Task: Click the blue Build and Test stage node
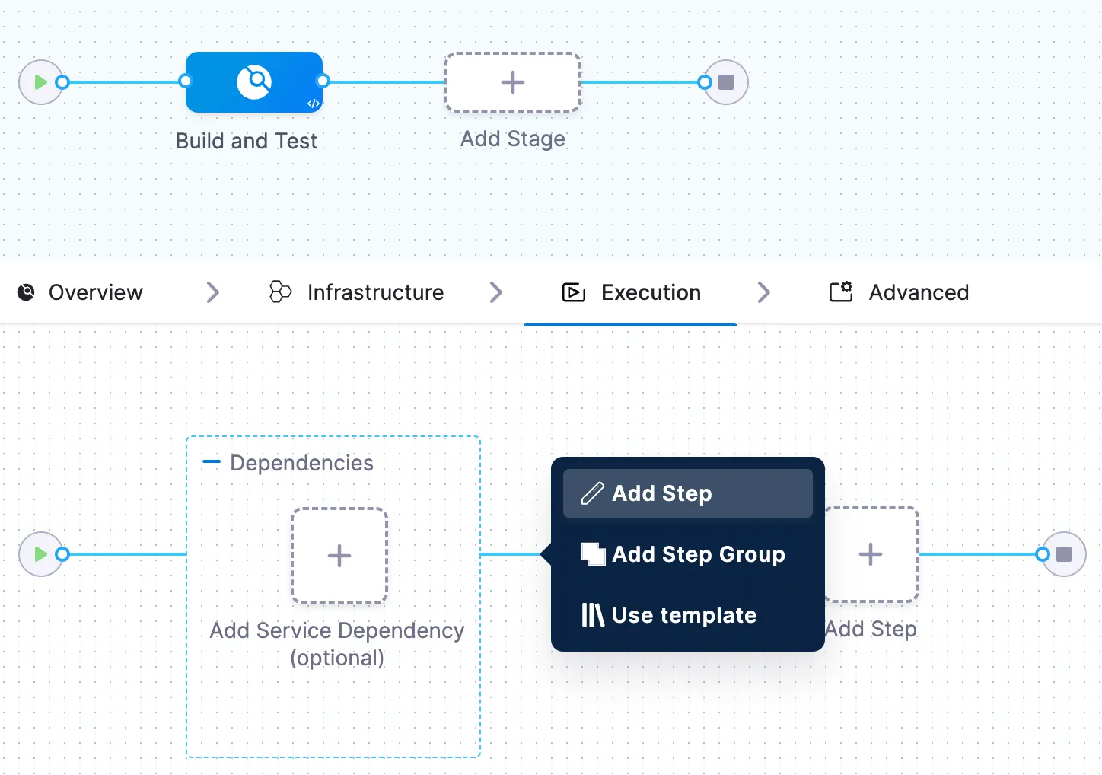click(254, 82)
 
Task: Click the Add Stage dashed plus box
click(512, 82)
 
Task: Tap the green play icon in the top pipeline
click(41, 82)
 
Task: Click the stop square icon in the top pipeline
click(726, 82)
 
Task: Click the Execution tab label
click(650, 292)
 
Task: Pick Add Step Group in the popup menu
click(698, 554)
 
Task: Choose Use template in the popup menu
click(683, 615)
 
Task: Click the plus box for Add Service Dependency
click(339, 556)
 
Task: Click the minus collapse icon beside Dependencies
click(212, 462)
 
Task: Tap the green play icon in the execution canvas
click(41, 554)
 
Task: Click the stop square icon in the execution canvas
click(1064, 554)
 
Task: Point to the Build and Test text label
click(246, 142)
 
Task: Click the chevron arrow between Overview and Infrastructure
click(213, 292)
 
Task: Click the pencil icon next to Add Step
click(592, 493)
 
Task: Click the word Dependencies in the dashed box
click(301, 463)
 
